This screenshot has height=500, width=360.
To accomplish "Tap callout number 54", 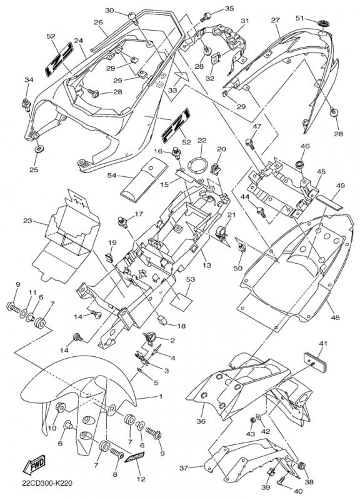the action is [x=112, y=175].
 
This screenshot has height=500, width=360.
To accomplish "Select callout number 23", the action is [x=27, y=221].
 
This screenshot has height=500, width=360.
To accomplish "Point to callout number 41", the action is [x=323, y=344].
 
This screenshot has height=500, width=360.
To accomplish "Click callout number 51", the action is [x=300, y=18].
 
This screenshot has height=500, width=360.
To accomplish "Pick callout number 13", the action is [x=207, y=265].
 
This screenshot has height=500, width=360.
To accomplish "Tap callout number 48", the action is [x=335, y=317].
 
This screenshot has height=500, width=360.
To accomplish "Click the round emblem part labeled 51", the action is [x=323, y=23].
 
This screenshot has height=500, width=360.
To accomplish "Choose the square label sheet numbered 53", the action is [x=181, y=297].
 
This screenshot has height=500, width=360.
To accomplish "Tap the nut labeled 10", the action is [x=60, y=408].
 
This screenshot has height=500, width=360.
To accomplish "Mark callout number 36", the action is [x=201, y=421].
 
